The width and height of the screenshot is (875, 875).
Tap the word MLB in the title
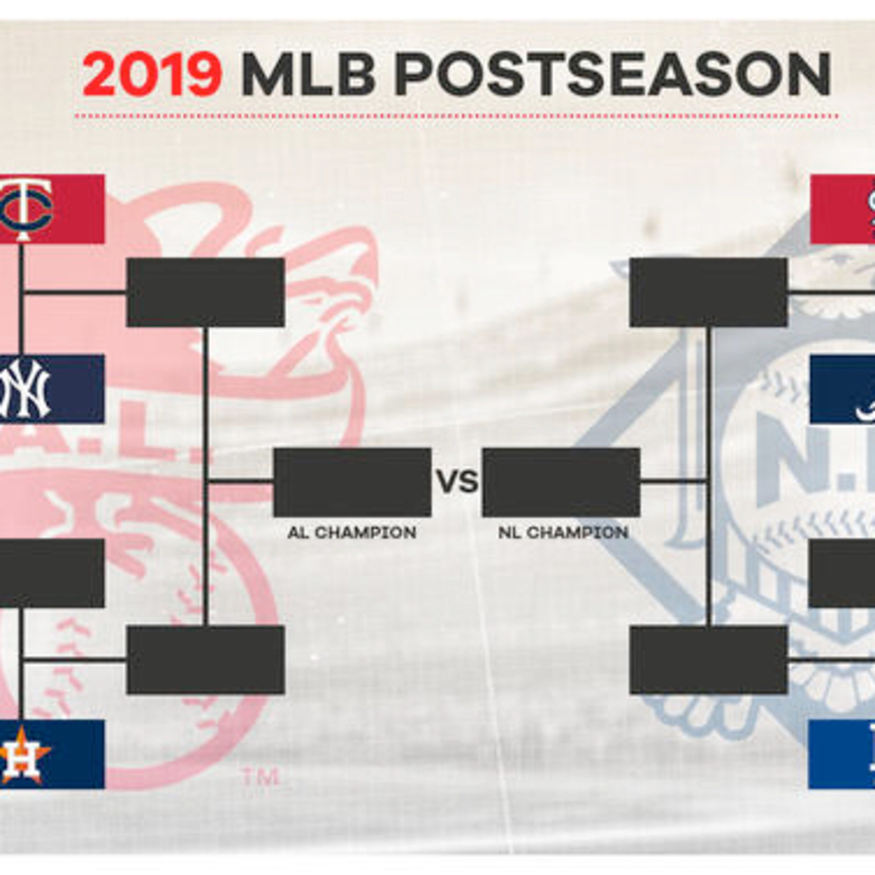308,74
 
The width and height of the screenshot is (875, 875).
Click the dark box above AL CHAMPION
352,482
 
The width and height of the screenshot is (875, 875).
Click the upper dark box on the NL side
708,292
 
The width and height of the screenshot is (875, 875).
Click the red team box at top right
842,209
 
